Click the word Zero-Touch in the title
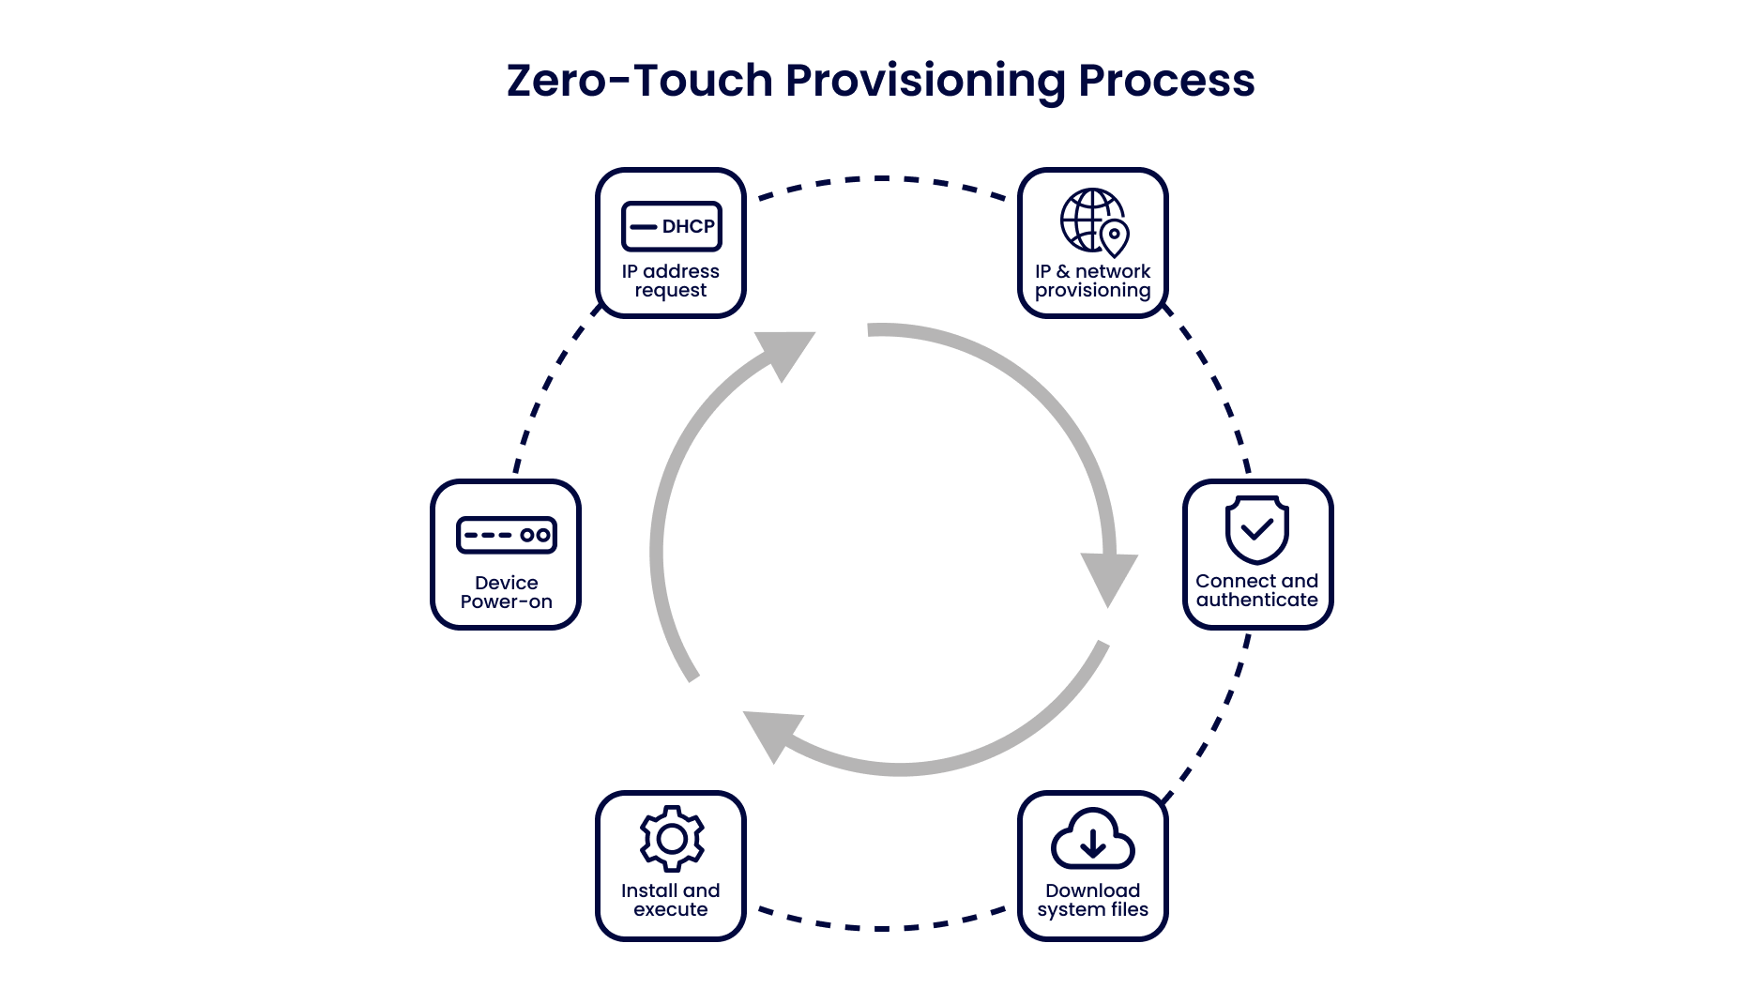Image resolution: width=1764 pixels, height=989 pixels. click(639, 81)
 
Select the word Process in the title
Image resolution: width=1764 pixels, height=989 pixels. click(1166, 81)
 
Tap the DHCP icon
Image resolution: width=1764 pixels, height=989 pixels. click(671, 226)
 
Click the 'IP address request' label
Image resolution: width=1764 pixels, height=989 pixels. click(671, 281)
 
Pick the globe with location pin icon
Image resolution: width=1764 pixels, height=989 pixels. click(1094, 222)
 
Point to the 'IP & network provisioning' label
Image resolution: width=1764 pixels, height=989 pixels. click(1093, 281)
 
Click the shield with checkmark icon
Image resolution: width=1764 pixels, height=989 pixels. click(1256, 529)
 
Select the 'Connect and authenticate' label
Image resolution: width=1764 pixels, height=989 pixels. click(1257, 590)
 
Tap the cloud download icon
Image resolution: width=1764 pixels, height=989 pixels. click(1093, 838)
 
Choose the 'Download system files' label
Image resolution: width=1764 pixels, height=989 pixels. click(1093, 900)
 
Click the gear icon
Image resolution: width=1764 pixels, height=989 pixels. click(672, 838)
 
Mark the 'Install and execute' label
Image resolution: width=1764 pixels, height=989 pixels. click(671, 900)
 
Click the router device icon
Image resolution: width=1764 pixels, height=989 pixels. click(507, 535)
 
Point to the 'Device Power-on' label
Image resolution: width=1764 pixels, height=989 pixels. click(507, 592)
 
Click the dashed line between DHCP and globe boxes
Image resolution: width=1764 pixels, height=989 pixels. click(882, 178)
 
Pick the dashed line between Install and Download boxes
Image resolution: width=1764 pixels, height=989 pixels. click(882, 927)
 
